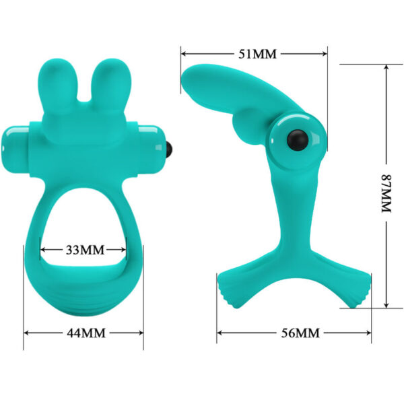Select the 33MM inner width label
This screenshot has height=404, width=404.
click(x=83, y=250)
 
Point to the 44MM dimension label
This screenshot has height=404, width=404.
click(x=83, y=333)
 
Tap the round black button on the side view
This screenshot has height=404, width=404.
click(x=296, y=139)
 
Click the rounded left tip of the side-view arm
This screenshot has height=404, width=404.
click(x=189, y=81)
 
